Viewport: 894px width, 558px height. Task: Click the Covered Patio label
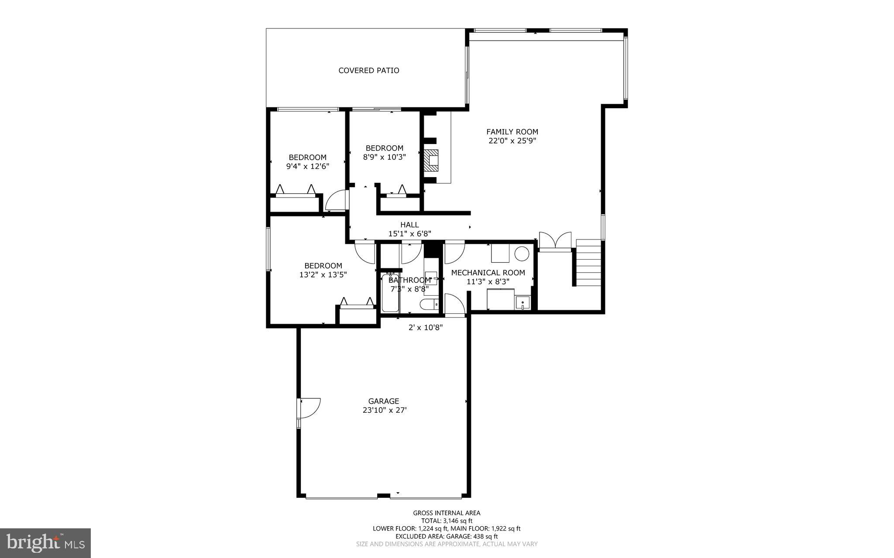point(368,70)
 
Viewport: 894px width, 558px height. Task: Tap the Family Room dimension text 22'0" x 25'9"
point(512,141)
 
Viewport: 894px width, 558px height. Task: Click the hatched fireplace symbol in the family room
point(431,161)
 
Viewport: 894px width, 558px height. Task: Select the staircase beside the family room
point(588,263)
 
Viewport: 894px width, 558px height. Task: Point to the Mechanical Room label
point(488,273)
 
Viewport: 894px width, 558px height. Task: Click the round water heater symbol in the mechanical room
point(522,253)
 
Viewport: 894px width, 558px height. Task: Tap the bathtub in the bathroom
point(390,294)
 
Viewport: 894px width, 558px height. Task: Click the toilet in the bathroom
point(429,305)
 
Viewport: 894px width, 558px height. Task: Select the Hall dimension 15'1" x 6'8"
point(409,234)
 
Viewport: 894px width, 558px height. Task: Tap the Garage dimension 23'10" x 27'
point(384,410)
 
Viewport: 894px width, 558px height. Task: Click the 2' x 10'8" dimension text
point(425,327)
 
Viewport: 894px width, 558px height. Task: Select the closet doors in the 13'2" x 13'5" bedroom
point(357,303)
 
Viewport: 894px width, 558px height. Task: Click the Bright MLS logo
point(45,543)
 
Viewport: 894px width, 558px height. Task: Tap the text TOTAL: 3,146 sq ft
point(447,520)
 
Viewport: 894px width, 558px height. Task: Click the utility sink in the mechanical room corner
point(523,302)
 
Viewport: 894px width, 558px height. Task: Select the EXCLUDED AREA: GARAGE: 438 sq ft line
point(447,536)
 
